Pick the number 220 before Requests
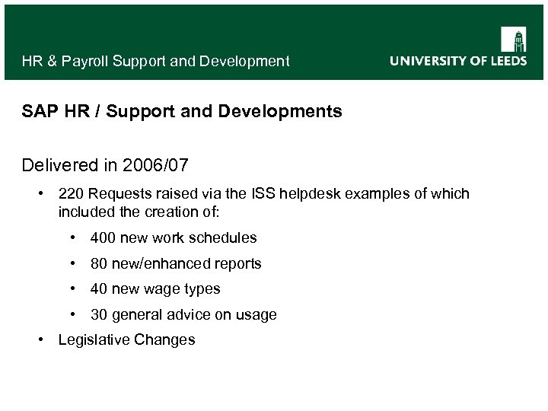tap(71, 194)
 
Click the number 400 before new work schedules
tap(102, 238)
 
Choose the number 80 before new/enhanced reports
tap(98, 264)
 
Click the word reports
tap(237, 264)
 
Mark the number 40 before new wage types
tap(98, 289)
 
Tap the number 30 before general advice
tap(98, 315)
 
